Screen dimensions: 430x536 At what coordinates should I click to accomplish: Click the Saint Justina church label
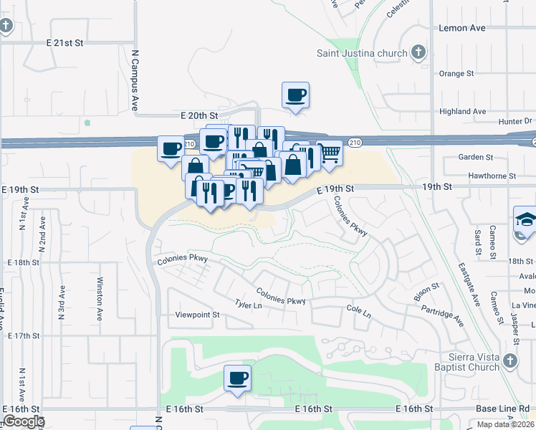pyautogui.click(x=363, y=53)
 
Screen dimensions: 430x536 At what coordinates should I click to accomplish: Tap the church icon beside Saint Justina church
pyautogui.click(x=419, y=53)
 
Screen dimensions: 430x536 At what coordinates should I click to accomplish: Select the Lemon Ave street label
pyautogui.click(x=461, y=28)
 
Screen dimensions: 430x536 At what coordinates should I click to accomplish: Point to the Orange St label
pyautogui.click(x=456, y=73)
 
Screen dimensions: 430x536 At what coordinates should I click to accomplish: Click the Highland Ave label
pyautogui.click(x=462, y=111)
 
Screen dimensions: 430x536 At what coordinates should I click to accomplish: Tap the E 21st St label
pyautogui.click(x=61, y=43)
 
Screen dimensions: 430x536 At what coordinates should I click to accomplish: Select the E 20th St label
pyautogui.click(x=198, y=115)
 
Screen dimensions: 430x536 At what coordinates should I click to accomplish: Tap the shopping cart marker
pyautogui.click(x=329, y=153)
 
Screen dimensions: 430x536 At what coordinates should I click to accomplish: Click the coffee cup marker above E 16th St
pyautogui.click(x=237, y=378)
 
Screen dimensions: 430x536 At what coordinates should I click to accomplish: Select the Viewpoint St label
pyautogui.click(x=197, y=315)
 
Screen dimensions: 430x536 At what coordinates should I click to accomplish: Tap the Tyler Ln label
pyautogui.click(x=249, y=305)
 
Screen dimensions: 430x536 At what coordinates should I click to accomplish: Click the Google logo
pyautogui.click(x=23, y=421)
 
